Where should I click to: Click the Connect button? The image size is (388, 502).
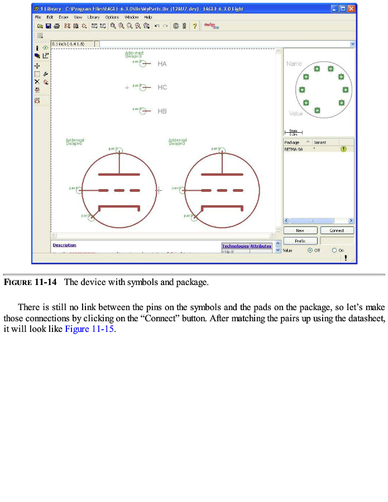[337, 230]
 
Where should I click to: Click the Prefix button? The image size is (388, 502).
[300, 241]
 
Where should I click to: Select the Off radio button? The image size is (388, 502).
[310, 250]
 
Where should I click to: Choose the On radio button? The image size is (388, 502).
[334, 250]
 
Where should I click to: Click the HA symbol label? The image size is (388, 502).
[162, 64]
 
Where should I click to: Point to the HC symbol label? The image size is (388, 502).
[162, 88]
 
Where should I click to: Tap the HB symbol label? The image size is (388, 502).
[162, 112]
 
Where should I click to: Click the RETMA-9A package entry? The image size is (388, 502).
[293, 149]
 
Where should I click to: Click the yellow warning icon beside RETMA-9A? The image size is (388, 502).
[343, 149]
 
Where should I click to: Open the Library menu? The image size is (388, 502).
[93, 17]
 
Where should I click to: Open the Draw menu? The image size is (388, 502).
[64, 17]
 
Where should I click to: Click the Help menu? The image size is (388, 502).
[148, 17]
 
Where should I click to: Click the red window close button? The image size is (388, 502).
[351, 9]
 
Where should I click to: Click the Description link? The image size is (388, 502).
[64, 245]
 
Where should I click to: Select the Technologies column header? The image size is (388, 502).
[235, 246]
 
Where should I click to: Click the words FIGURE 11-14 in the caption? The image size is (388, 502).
[30, 282]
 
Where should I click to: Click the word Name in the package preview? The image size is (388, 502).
[294, 64]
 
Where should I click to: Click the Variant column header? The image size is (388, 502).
[320, 143]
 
